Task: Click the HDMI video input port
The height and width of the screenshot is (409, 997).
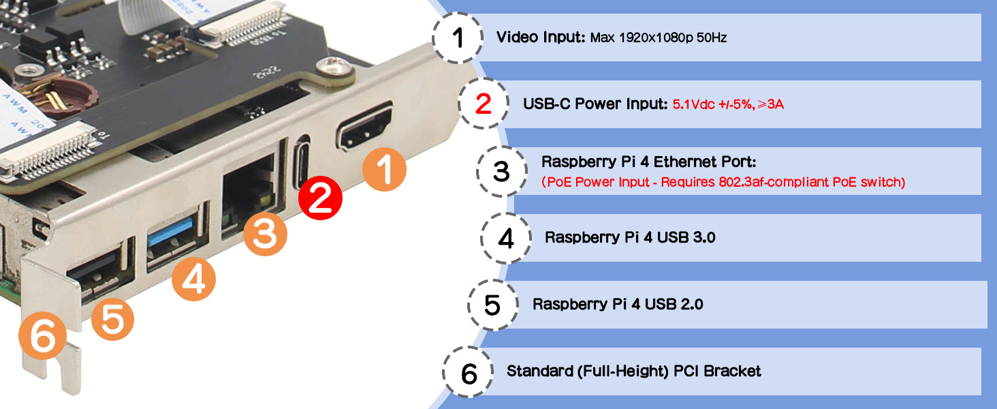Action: click(x=365, y=127)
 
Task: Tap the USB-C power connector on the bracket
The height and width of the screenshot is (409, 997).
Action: click(x=302, y=162)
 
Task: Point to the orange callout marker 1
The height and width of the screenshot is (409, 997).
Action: click(x=384, y=169)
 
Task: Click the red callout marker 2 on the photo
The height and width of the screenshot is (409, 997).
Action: click(x=320, y=198)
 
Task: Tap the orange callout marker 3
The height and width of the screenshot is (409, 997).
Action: click(x=266, y=234)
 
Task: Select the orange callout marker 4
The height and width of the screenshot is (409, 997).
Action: click(x=193, y=279)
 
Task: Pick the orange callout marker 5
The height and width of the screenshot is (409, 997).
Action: click(x=112, y=319)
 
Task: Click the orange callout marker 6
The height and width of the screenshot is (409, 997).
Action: click(x=42, y=336)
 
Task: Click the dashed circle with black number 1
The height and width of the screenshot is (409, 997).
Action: click(x=458, y=37)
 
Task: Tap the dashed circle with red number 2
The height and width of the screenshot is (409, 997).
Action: click(x=484, y=104)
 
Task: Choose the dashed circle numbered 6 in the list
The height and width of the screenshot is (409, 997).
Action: click(x=469, y=372)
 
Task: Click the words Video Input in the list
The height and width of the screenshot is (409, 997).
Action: click(x=541, y=37)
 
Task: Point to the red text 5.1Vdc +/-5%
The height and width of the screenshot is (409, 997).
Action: click(x=712, y=104)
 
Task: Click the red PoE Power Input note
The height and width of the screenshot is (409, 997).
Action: click(x=723, y=182)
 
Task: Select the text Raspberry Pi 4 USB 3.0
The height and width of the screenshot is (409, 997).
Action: click(x=630, y=237)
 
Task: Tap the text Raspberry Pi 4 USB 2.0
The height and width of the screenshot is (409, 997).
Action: click(x=618, y=304)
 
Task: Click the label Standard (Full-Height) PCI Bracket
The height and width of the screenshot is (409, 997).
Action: click(x=634, y=371)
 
